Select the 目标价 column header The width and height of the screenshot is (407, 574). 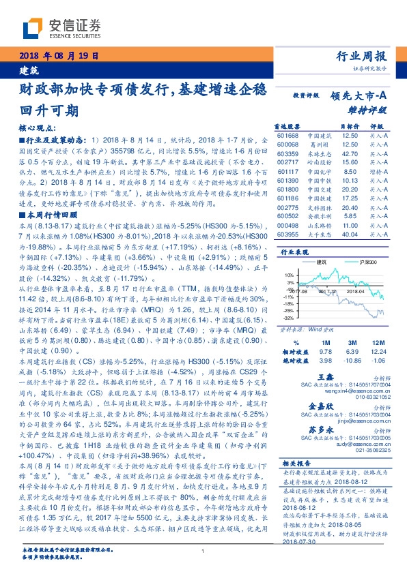tap(350, 127)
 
